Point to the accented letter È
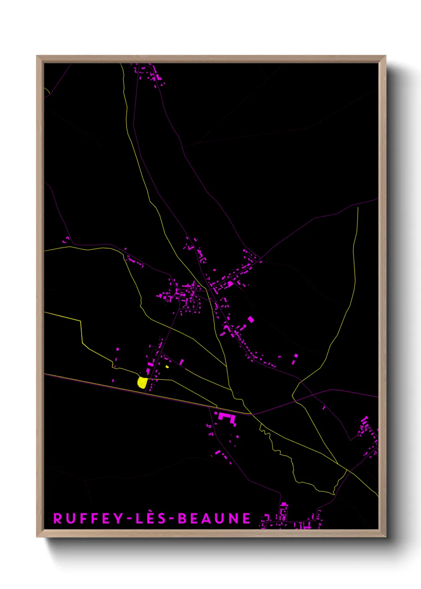(x=149, y=518)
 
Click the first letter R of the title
(x=58, y=519)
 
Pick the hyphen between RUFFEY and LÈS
(x=130, y=519)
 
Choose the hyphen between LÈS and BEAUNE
(x=170, y=519)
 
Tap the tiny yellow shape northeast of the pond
(x=167, y=367)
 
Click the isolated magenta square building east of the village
(x=251, y=319)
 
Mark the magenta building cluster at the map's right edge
(x=368, y=436)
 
